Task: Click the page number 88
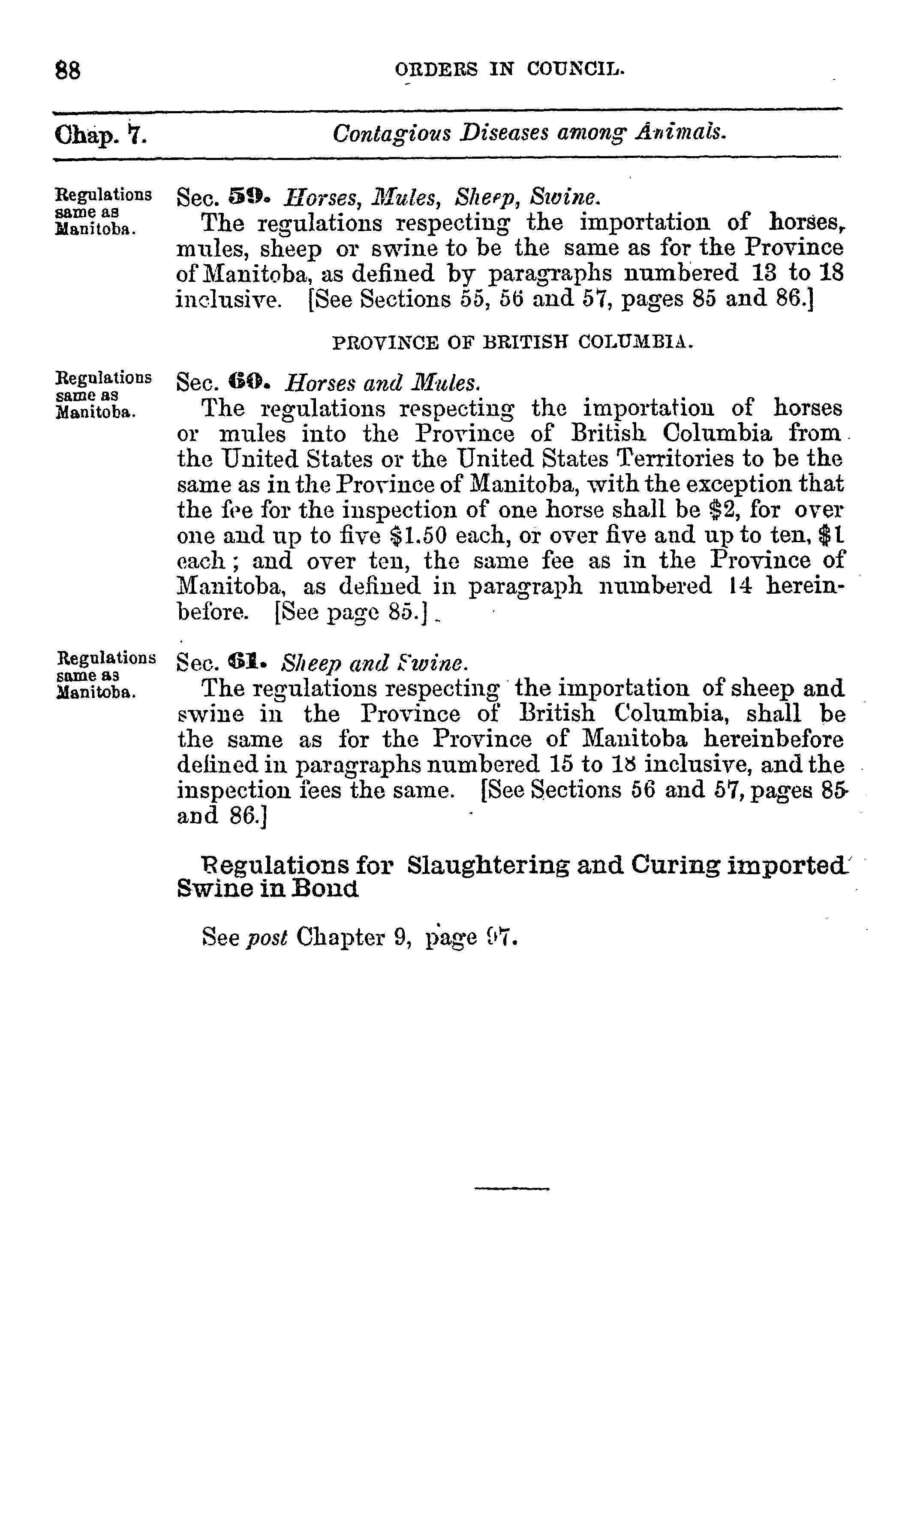pos(68,70)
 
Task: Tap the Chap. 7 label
pos(101,134)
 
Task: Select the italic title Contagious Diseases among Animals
pos(529,133)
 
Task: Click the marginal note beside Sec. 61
pos(105,676)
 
